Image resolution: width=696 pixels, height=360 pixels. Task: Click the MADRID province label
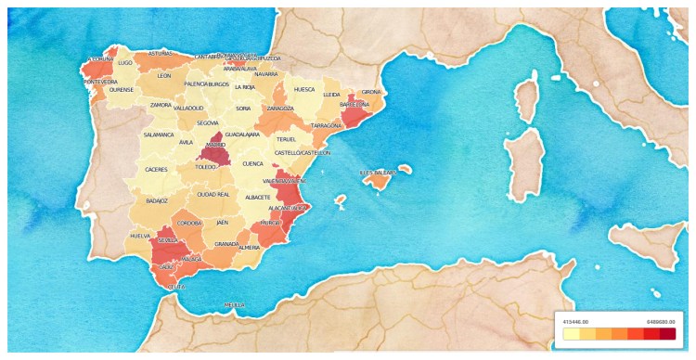click(x=215, y=145)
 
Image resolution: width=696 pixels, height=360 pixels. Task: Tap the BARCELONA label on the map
click(x=354, y=105)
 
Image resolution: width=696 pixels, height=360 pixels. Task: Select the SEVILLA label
click(x=168, y=239)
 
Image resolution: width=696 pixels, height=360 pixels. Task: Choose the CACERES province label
click(x=156, y=170)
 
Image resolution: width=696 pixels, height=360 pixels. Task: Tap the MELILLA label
click(x=235, y=304)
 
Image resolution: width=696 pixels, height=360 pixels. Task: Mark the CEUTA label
click(x=175, y=288)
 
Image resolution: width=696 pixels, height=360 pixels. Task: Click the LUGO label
click(x=126, y=62)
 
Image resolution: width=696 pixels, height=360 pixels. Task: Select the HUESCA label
click(x=303, y=90)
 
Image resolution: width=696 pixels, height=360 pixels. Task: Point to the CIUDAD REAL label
click(x=213, y=195)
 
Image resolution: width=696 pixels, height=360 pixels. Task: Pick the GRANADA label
click(x=226, y=244)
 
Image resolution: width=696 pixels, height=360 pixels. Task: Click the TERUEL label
click(x=286, y=139)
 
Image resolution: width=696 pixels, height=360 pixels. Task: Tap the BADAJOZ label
click(x=157, y=199)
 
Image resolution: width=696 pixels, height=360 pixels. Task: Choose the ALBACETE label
click(x=257, y=198)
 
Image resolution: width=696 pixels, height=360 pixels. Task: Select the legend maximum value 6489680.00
click(x=661, y=319)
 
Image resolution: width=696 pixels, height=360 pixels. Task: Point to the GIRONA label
click(x=371, y=92)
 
